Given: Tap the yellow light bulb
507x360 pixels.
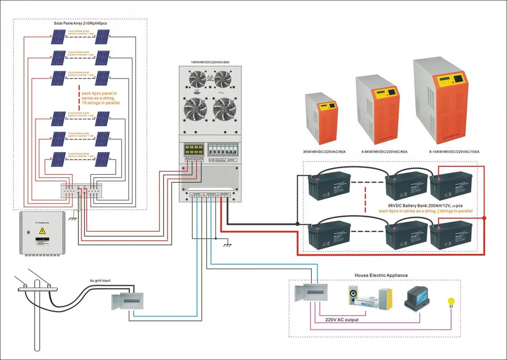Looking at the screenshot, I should [450, 302].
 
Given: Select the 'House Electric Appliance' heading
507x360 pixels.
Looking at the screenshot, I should [375, 275].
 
